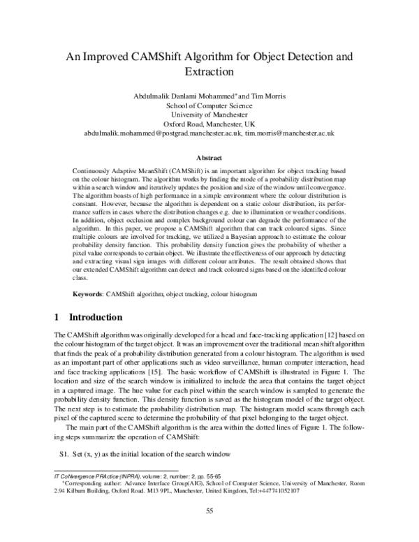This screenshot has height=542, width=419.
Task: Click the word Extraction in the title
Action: [209, 71]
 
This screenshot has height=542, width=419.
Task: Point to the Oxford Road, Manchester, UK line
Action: [209, 122]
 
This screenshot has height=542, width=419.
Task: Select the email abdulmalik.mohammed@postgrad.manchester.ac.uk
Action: [162, 131]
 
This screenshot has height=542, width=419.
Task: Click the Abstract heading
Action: [209, 158]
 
